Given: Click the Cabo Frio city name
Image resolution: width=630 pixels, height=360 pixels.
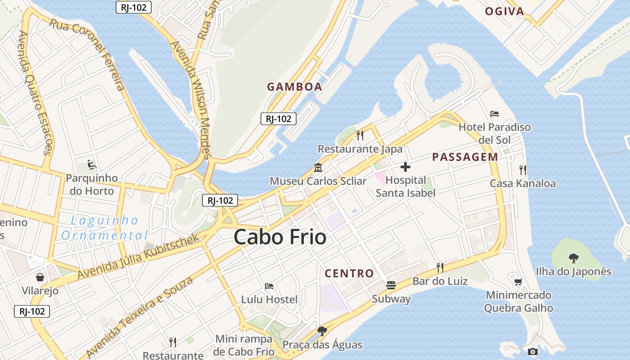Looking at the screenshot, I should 280,237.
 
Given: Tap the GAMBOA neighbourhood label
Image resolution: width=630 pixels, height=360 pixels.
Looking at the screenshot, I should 295,87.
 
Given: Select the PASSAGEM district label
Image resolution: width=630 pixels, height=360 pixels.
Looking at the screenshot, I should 465,157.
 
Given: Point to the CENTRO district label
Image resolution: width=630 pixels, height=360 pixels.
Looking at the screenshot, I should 349,273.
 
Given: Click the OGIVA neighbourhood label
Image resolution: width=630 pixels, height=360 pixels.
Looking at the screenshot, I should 504,12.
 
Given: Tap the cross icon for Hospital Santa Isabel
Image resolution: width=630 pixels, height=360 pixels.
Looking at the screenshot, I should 405,167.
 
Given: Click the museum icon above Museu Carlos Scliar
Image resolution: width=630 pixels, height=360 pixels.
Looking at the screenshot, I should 318,167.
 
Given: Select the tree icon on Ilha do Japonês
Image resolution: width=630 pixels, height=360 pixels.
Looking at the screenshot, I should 573,258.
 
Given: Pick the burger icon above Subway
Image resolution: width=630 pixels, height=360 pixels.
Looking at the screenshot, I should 391,285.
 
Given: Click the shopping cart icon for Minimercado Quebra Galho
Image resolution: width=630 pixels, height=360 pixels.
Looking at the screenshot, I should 518,282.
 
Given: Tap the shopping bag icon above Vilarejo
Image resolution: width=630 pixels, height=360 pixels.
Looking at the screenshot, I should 40,277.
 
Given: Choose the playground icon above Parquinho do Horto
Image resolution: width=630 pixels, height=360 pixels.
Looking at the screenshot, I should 91,164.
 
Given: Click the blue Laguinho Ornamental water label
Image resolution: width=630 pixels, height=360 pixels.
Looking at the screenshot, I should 104,228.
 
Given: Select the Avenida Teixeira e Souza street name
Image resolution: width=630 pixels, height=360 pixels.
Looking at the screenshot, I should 139,316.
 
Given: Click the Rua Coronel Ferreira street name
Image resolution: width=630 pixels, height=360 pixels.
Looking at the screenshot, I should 87,54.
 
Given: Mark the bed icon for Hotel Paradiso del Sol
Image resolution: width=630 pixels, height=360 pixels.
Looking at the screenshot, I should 495,113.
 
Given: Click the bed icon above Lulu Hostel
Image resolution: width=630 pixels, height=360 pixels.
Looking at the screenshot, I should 269,286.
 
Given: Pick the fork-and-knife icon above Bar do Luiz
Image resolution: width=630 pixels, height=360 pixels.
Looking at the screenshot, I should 440,268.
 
